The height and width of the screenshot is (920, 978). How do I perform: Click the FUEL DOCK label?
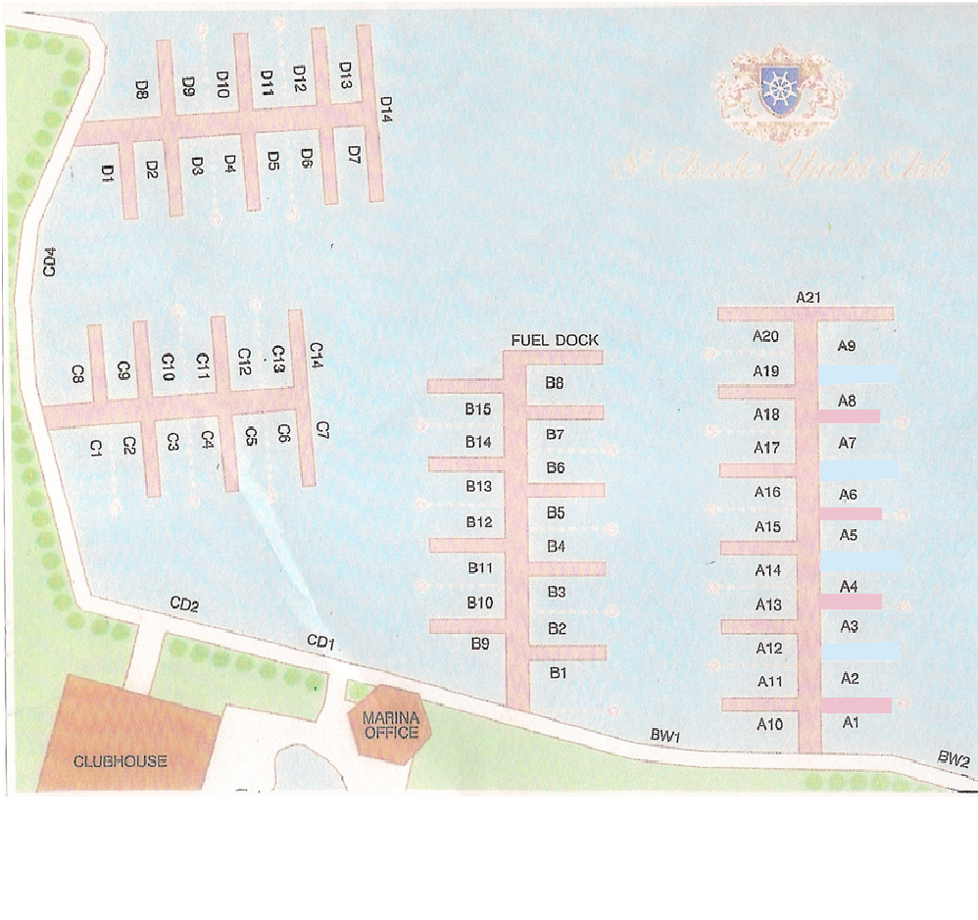click(555, 340)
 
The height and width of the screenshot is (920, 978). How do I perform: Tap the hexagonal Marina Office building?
click(390, 726)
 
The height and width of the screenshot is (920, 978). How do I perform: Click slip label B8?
click(555, 383)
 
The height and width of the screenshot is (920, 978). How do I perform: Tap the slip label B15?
click(478, 409)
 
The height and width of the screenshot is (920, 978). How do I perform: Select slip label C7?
click(322, 429)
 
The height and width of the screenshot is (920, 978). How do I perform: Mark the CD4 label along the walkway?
click(50, 262)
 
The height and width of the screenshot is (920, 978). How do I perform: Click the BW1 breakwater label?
click(665, 734)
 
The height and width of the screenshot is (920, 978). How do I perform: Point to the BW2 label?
click(953, 757)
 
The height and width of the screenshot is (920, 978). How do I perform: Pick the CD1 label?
click(321, 642)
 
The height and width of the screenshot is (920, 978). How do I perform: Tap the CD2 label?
click(184, 605)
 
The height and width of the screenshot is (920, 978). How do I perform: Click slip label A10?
click(769, 724)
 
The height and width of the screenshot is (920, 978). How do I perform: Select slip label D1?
click(108, 173)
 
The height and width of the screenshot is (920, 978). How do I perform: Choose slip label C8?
click(77, 373)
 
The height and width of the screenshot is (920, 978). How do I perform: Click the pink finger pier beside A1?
click(856, 704)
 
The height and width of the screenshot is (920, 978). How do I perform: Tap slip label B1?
click(559, 672)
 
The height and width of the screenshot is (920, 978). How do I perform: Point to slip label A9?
click(848, 346)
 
